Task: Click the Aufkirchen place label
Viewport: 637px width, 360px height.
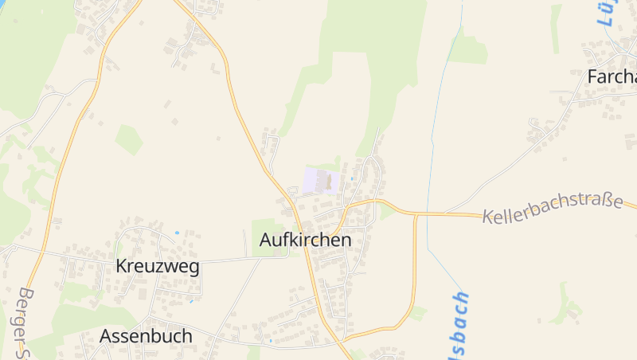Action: coord(305,240)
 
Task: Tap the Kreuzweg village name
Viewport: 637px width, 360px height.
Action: coord(158,266)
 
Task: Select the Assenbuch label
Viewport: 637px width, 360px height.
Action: coord(146,336)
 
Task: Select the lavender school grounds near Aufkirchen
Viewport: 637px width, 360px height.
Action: coord(315,180)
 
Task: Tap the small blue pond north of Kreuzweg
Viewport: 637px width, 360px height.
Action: coord(177,233)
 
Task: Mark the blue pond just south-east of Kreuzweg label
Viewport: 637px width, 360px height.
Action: coord(191,301)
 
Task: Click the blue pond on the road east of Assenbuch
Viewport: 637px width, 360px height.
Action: coord(271,341)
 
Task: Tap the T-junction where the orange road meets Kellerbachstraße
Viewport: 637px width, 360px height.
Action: coord(415,214)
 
